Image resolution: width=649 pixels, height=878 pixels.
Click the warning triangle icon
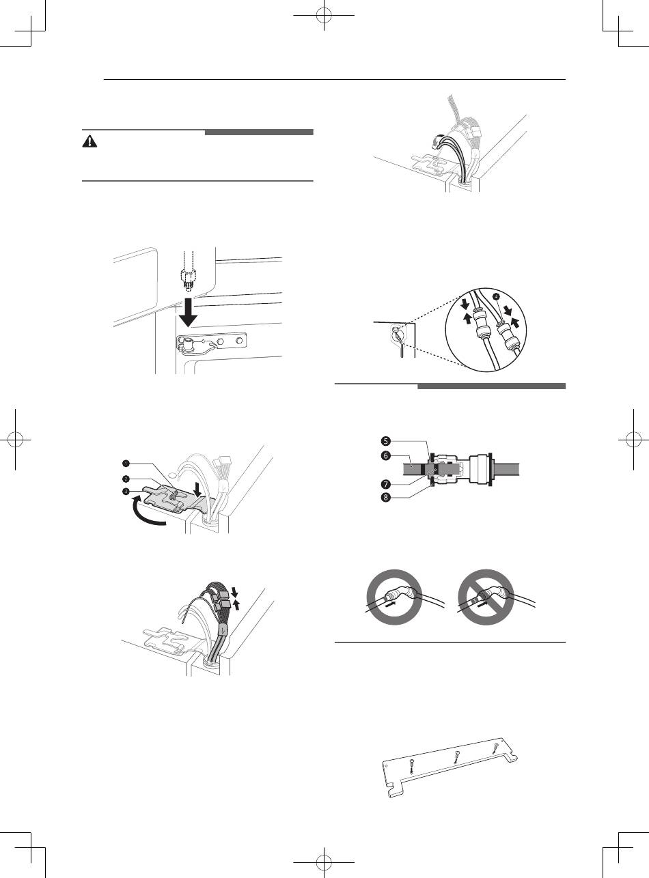89,141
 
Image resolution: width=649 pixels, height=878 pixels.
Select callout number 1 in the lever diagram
125,463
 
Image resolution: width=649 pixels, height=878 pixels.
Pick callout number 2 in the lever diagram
125,479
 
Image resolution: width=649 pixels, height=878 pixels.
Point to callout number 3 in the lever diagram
125,492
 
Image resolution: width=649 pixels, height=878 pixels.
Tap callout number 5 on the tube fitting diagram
385,441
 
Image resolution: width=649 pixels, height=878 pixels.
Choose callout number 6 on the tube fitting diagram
385,455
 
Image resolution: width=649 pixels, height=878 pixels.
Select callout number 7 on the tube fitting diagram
385,484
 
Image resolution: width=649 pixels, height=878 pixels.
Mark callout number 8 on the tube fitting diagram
385,498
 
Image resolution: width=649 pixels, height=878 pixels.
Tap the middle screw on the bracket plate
456,758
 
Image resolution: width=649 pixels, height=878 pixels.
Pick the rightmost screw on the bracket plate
495,748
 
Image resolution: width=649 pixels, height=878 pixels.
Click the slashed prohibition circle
486,597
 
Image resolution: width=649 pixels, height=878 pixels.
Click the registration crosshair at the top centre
324,16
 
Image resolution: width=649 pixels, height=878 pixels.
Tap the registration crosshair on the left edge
16,440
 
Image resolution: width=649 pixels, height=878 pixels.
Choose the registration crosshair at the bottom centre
324,862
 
